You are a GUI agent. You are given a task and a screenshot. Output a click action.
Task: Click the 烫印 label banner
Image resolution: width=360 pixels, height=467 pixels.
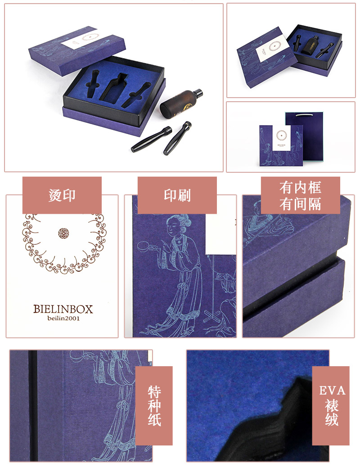pos(62,195)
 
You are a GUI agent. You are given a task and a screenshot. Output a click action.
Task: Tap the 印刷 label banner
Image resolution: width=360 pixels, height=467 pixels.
pos(177,195)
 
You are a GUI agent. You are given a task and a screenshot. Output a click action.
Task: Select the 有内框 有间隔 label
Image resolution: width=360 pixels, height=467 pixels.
pos(301,195)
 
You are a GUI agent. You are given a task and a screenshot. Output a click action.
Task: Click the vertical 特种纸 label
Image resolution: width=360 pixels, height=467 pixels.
pos(154,406)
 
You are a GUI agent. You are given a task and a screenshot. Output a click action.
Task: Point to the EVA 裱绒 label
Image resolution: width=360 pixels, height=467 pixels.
pos(331,406)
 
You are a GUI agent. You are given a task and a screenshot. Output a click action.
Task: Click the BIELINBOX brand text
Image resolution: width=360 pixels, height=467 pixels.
pos(63,309)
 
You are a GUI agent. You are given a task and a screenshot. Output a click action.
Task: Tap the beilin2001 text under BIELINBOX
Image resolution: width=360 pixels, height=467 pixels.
pos(63,319)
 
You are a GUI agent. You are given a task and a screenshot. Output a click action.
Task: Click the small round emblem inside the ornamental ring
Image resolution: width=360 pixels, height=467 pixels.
pos(63,233)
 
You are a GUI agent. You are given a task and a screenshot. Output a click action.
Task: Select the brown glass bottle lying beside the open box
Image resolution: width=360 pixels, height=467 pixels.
pos(181,103)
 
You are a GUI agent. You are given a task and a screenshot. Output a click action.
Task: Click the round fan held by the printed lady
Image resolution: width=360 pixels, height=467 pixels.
pos(145,247)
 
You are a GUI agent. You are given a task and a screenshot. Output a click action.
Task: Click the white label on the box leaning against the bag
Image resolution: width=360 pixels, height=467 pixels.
pos(281,138)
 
